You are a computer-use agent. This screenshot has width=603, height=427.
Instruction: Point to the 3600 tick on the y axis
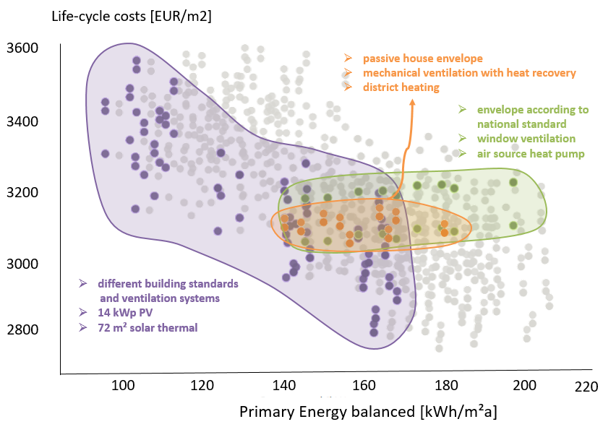pos(22,48)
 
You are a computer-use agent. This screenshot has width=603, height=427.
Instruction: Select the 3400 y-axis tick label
pos(22,121)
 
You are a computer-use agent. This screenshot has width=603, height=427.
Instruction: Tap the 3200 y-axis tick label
pos(22,193)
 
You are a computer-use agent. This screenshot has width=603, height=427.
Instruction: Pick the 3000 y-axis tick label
pos(22,264)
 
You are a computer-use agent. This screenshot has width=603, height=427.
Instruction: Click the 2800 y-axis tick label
pos(22,330)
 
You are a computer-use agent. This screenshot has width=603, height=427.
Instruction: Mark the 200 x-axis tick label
pos(523,385)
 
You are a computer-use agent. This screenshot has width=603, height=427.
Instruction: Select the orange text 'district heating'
pos(401,87)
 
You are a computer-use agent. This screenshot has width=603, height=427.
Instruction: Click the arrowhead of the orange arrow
pos(413,103)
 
